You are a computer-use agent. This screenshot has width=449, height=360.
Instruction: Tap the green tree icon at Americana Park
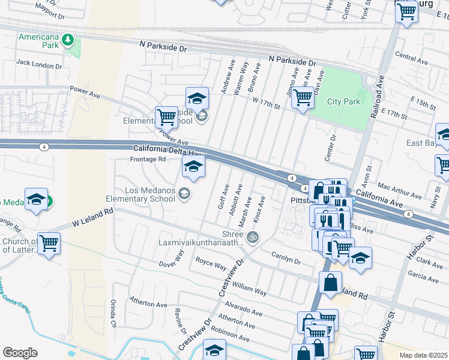[68, 40]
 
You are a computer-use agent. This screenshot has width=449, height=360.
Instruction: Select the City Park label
[343, 101]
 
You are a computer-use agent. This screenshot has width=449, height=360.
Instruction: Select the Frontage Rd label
[148, 159]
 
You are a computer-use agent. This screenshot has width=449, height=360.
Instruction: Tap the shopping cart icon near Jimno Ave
[303, 97]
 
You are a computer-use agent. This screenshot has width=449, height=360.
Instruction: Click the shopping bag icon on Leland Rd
[330, 283]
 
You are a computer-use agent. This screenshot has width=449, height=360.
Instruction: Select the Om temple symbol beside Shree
[252, 236]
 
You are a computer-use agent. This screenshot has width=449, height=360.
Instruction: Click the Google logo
[20, 353]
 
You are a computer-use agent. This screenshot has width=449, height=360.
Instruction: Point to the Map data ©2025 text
[423, 355]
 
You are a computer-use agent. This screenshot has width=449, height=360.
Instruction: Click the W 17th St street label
[267, 104]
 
